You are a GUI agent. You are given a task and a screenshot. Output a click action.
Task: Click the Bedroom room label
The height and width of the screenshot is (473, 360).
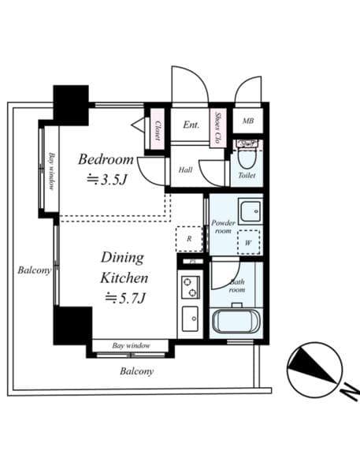click(x=105, y=159)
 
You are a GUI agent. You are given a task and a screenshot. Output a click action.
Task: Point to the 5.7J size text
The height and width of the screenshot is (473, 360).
click(x=126, y=297)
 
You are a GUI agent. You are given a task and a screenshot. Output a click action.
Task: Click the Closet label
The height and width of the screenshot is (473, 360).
click(x=158, y=129)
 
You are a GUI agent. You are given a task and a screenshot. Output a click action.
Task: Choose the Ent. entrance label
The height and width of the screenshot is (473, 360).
click(x=191, y=125)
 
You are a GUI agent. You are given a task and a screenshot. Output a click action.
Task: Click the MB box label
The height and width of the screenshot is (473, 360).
click(x=248, y=121)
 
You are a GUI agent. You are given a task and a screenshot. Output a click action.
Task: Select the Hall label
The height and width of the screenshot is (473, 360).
click(x=185, y=169)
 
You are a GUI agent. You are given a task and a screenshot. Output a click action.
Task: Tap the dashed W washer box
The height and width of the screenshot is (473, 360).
click(x=247, y=242)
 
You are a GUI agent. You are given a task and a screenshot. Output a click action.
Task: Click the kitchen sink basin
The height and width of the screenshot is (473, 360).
click(x=190, y=319)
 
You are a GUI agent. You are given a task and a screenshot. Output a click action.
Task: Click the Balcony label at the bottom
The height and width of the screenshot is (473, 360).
click(x=137, y=371)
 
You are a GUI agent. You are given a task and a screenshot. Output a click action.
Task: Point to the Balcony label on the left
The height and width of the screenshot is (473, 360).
click(x=35, y=270)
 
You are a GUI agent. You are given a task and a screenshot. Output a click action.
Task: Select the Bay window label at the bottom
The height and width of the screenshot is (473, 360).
click(x=131, y=345)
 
